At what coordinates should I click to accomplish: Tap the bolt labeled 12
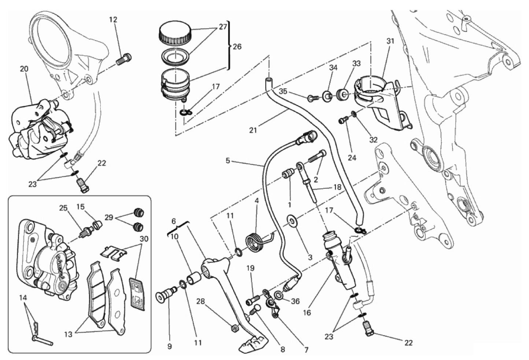tap(124, 59)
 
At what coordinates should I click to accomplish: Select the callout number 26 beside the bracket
tap(237, 47)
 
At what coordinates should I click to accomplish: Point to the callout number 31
tap(390, 41)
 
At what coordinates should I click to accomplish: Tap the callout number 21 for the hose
tap(253, 130)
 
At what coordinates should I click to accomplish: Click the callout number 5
tap(227, 161)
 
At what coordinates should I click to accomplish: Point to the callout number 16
tap(307, 312)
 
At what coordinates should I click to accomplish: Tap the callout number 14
tap(23, 298)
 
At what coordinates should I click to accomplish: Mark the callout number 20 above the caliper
tap(24, 69)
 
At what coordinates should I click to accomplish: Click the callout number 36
tap(295, 301)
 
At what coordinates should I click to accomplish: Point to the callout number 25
tap(63, 208)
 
